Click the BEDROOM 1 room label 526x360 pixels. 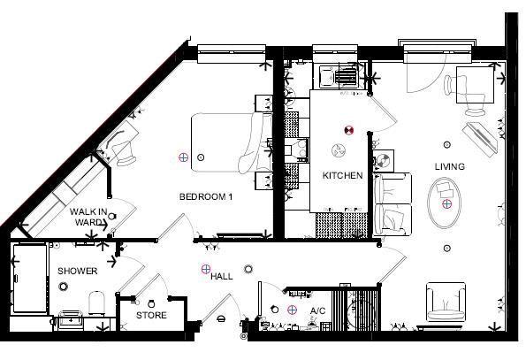click(x=205, y=196)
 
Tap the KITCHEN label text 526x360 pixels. click(x=342, y=176)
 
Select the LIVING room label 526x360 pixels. click(x=449, y=166)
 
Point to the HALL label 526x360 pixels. click(x=222, y=277)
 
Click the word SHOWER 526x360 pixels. click(x=77, y=271)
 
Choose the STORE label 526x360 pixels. click(x=151, y=315)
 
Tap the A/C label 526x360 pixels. click(x=318, y=311)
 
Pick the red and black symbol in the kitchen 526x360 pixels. click(x=348, y=130)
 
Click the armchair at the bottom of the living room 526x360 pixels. click(x=448, y=303)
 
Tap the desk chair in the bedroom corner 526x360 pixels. click(x=122, y=142)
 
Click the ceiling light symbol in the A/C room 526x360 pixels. click(x=293, y=310)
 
